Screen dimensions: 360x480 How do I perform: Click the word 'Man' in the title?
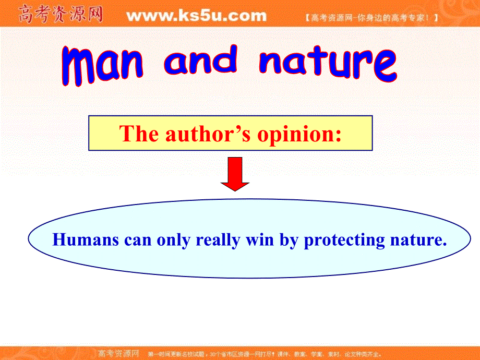[101, 65]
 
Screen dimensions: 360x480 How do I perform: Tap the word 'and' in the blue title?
[200, 61]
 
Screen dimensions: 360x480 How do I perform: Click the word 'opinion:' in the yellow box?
[299, 135]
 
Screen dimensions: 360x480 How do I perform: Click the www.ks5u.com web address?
[196, 16]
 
